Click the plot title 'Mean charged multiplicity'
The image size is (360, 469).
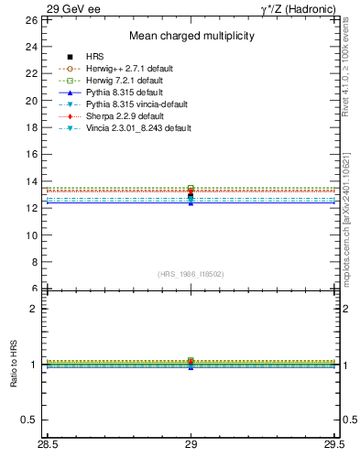coord(191,36)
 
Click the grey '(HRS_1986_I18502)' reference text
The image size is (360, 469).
coord(191,274)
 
